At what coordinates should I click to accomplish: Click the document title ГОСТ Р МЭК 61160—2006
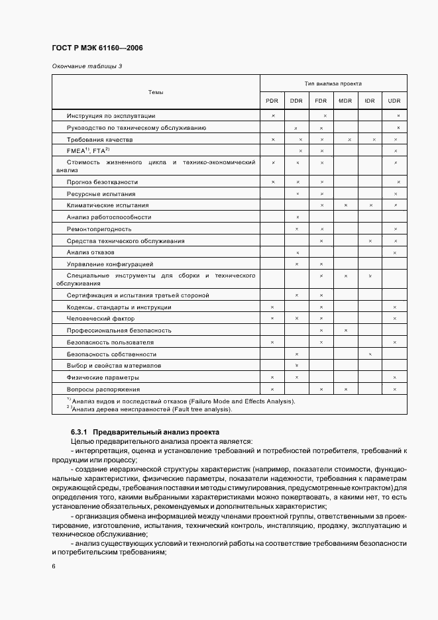[96, 48]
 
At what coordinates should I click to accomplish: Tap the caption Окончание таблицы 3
[87, 66]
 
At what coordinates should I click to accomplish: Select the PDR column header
[272, 100]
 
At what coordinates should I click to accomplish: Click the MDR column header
[345, 100]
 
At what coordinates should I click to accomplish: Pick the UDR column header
[395, 100]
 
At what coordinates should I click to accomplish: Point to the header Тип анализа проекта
[333, 84]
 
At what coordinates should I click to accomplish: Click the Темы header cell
[156, 92]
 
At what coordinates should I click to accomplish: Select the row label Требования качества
[99, 140]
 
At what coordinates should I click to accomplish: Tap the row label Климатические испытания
[108, 205]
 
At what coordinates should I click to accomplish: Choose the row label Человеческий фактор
[101, 319]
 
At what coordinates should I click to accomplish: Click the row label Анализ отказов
[91, 252]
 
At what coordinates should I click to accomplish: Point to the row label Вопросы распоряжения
[103, 389]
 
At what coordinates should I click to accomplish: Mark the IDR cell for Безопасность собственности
[370, 354]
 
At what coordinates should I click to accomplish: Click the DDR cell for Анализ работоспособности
[297, 217]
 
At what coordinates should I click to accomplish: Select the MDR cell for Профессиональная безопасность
[345, 330]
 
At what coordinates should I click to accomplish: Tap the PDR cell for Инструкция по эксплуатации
[272, 116]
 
